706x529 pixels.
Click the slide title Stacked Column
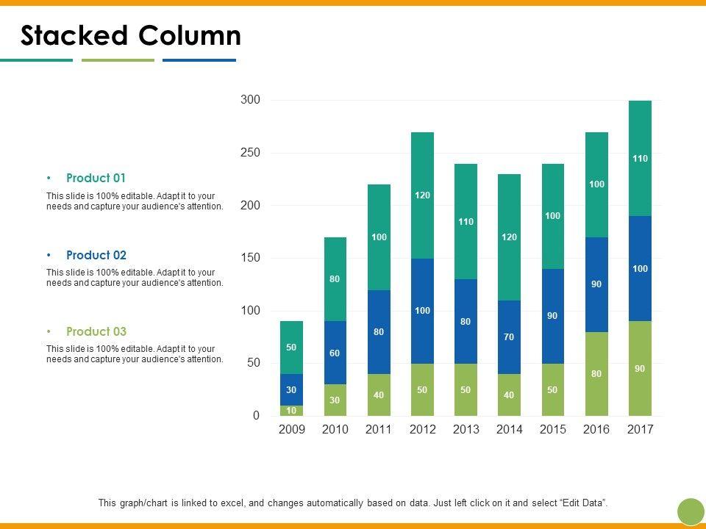tap(130, 35)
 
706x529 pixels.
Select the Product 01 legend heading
tap(96, 178)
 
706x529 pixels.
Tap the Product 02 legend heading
tap(96, 255)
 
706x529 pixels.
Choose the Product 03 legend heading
tap(96, 331)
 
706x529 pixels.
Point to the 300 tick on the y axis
tap(250, 100)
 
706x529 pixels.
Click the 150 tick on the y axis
tap(250, 258)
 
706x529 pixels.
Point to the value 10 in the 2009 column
tap(291, 411)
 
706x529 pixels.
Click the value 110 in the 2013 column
tap(466, 221)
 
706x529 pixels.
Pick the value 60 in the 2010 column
tap(335, 353)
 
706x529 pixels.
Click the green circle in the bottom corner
tap(691, 511)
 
